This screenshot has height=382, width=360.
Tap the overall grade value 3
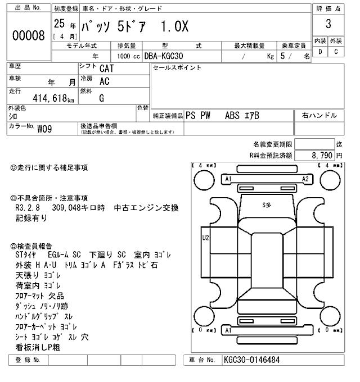tap(328, 24)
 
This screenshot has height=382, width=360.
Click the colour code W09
tap(46, 129)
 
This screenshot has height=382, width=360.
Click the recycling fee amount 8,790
tap(321, 155)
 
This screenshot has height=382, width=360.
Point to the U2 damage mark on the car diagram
tap(205, 237)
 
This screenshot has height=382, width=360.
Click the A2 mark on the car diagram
tap(305, 179)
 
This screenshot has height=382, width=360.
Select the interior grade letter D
tap(320, 52)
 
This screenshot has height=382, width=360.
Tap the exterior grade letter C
tap(336, 52)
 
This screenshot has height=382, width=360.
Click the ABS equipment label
tap(232, 116)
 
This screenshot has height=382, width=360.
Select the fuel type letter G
tap(102, 98)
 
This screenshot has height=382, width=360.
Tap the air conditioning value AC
tap(105, 81)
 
